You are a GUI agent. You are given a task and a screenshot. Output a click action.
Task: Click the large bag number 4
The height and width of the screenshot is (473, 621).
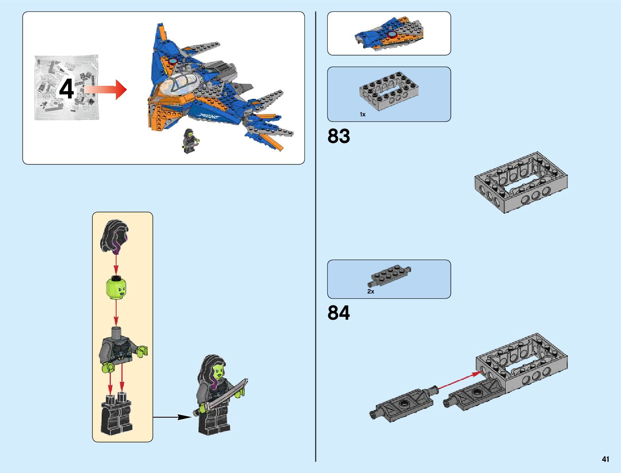(x=66, y=89)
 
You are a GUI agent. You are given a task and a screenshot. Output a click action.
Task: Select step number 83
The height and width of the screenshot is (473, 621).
(x=338, y=136)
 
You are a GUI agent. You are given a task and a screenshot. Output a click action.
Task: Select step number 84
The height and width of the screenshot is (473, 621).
(x=338, y=313)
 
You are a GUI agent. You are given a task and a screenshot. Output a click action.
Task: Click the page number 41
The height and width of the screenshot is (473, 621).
(x=605, y=459)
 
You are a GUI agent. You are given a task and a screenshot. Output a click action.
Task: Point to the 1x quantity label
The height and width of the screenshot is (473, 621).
(x=362, y=114)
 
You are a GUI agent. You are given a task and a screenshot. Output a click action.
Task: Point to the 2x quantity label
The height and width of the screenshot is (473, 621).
(x=371, y=292)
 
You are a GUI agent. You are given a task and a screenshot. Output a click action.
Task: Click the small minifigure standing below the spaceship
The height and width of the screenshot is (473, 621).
(x=190, y=141)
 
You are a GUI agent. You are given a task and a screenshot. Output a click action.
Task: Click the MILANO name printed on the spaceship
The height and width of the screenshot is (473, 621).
(x=209, y=116)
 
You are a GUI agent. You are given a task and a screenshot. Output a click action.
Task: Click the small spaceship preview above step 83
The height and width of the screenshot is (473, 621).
(x=389, y=33)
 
